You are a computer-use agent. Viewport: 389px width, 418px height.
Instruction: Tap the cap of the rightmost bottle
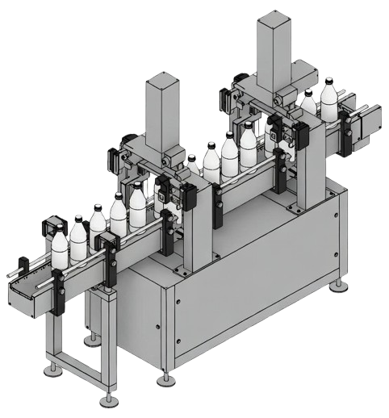328,79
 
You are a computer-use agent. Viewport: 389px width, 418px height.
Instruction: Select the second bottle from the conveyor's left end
78,240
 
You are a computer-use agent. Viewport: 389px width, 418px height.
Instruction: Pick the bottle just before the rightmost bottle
308,103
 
